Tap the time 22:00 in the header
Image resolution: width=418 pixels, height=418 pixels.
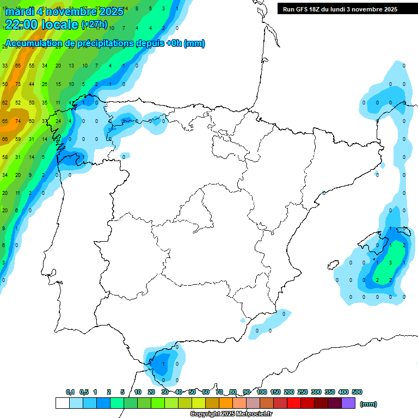tap(21, 24)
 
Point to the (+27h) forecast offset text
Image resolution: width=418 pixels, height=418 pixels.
tap(94, 24)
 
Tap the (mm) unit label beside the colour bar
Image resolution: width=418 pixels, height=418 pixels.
tap(368, 404)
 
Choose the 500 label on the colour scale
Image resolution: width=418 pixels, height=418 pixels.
tap(357, 392)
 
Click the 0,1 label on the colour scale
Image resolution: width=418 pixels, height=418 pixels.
tap(70, 392)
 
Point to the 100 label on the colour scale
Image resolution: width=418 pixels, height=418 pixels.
tap(262, 392)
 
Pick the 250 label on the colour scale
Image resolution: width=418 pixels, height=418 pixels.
tap(303, 392)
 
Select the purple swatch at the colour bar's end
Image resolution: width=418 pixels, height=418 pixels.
tap(348, 403)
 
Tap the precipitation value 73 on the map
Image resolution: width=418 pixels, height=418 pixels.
tap(18, 84)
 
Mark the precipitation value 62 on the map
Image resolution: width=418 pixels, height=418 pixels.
tap(5, 102)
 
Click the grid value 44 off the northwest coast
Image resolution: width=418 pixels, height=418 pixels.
tap(32, 84)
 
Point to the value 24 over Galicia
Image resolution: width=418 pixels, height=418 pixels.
tap(58, 121)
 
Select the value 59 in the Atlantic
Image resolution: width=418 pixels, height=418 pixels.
tap(18, 139)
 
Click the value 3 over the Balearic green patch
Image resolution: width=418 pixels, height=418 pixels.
tap(391, 262)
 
